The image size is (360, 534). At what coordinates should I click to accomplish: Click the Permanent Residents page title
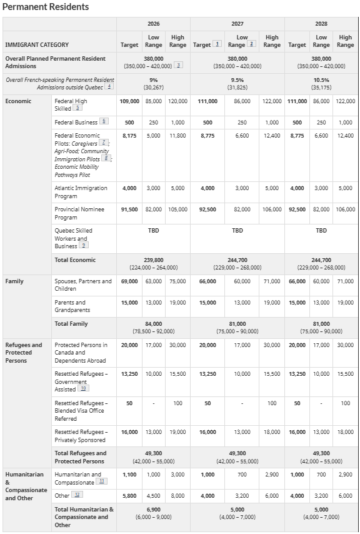tap(46, 7)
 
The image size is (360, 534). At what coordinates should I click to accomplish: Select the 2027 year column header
tap(237, 24)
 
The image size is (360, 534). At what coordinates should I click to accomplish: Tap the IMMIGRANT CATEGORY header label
tap(37, 45)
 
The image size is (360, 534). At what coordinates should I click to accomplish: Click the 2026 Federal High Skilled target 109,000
tap(129, 101)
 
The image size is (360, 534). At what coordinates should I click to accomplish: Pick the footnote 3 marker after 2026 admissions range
tap(178, 66)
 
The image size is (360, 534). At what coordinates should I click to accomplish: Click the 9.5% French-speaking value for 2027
tap(237, 80)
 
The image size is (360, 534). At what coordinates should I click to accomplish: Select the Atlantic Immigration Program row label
tap(81, 192)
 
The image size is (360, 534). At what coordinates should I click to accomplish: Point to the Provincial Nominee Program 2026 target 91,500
tap(129, 209)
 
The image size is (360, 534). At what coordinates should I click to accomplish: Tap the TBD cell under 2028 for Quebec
tap(321, 231)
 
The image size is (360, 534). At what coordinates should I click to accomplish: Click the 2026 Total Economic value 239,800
tap(153, 260)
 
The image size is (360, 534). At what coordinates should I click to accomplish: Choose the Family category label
tap(14, 281)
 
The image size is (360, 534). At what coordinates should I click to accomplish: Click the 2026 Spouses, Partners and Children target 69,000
tap(129, 281)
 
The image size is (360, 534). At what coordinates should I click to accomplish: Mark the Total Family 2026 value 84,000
tap(153, 324)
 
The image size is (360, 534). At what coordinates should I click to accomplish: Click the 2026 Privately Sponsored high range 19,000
tap(177, 432)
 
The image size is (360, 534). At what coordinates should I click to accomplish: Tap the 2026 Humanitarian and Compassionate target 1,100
tap(129, 475)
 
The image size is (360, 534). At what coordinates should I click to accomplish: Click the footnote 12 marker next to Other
tap(77, 495)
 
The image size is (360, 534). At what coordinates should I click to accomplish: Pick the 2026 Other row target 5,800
tap(129, 496)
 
